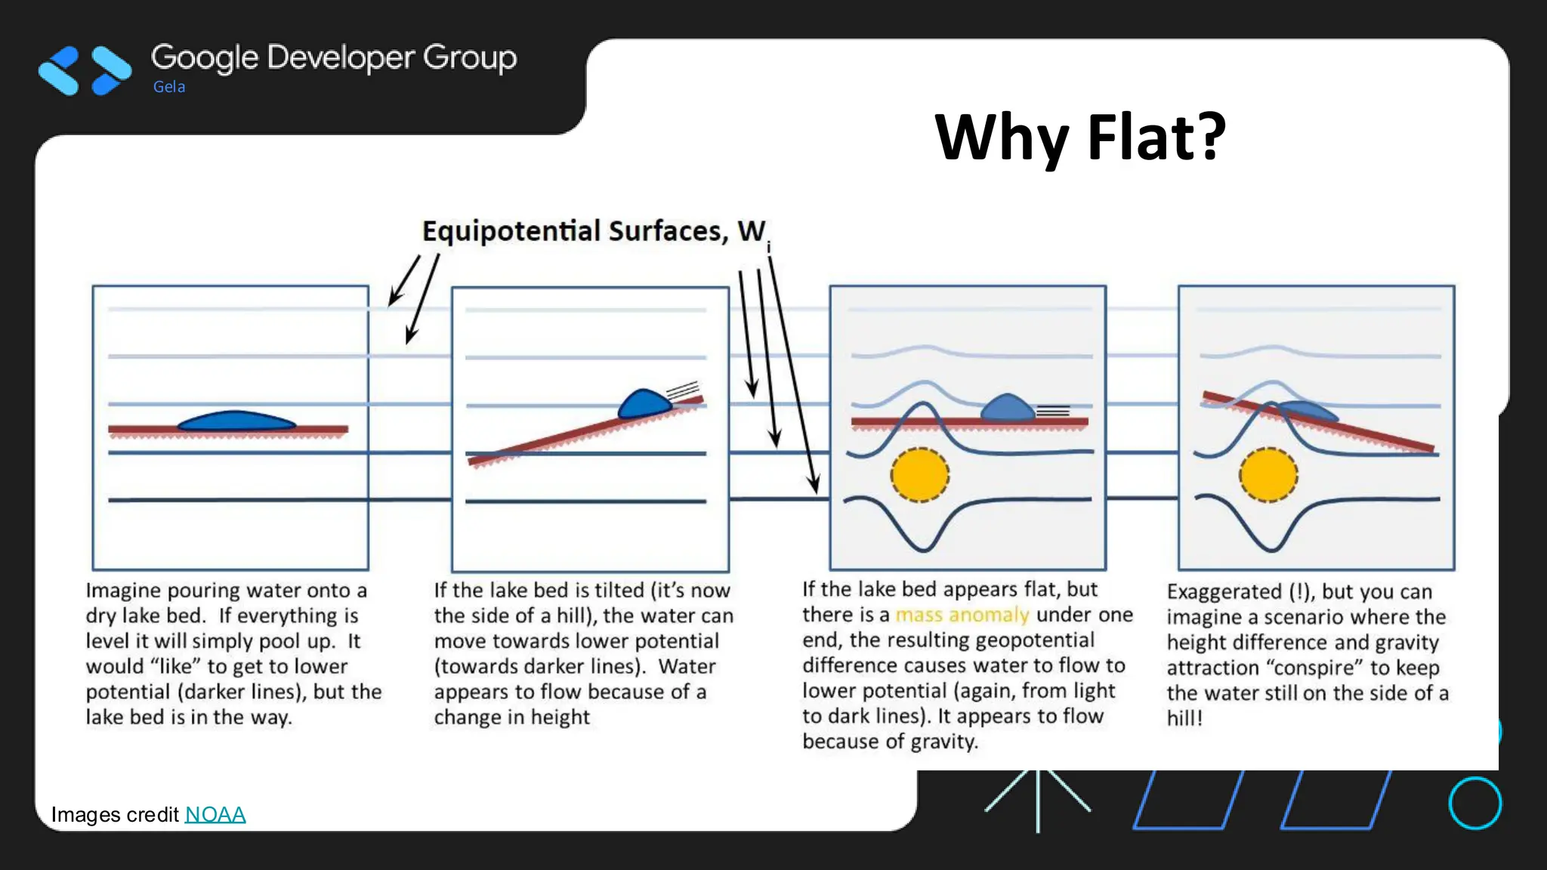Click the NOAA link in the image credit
215,814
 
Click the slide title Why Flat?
1080,137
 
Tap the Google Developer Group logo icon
85,71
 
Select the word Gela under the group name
169,87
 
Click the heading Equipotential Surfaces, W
594,231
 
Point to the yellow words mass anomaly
962,615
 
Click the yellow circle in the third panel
919,475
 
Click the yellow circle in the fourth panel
1268,475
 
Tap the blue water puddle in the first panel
236,421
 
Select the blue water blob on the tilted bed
643,404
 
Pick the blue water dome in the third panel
1008,408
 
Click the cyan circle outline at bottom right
1474,803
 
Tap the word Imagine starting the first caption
123,590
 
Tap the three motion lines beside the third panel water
1053,411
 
